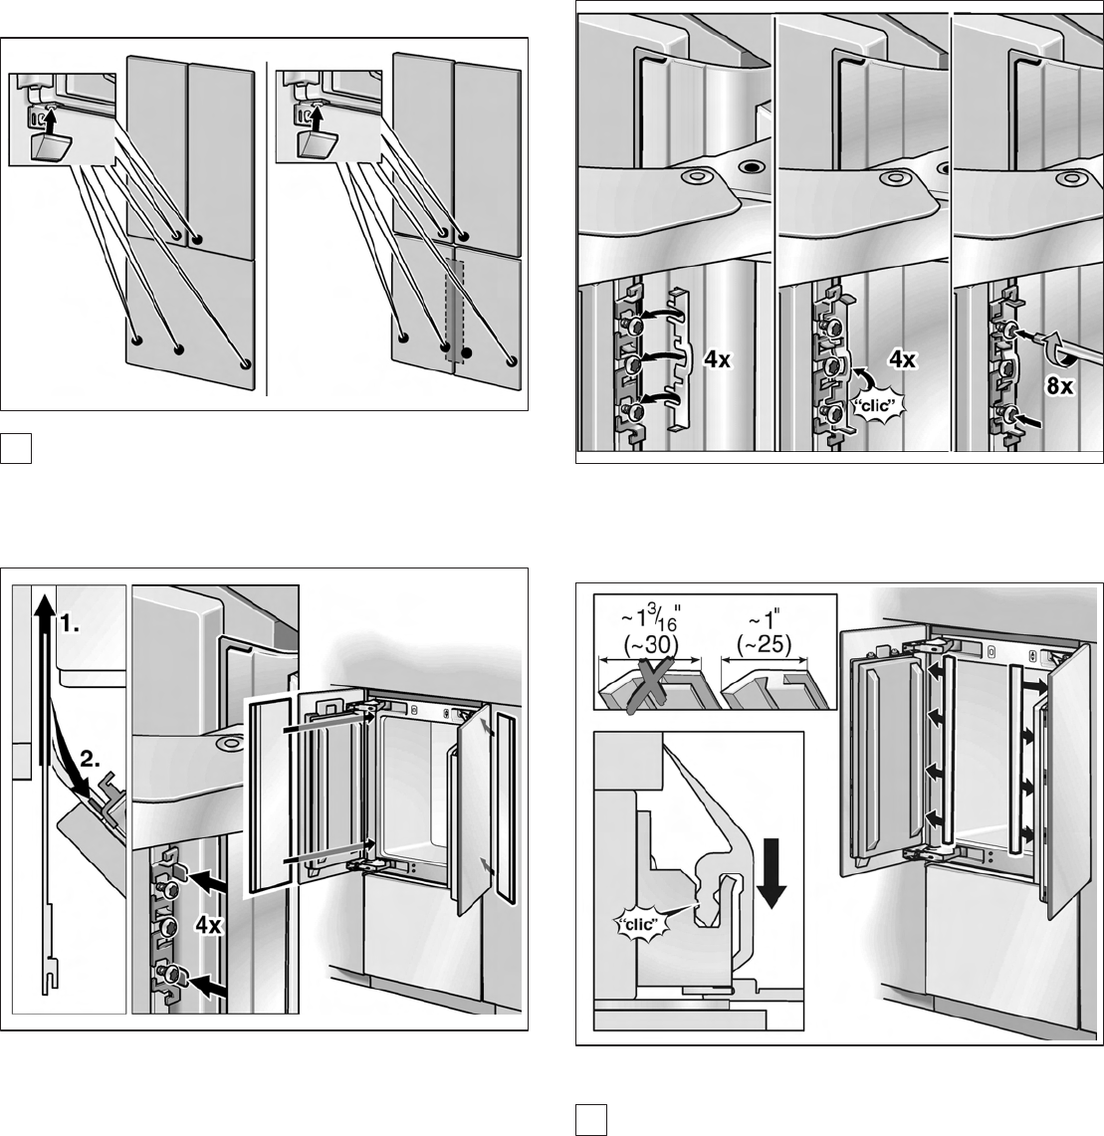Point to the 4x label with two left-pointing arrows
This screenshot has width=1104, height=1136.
[x=210, y=925]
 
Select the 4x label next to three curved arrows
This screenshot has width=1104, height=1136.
[x=718, y=361]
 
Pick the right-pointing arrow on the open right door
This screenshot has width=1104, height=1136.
[x=1036, y=687]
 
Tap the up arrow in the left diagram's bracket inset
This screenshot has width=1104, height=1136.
[x=47, y=119]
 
